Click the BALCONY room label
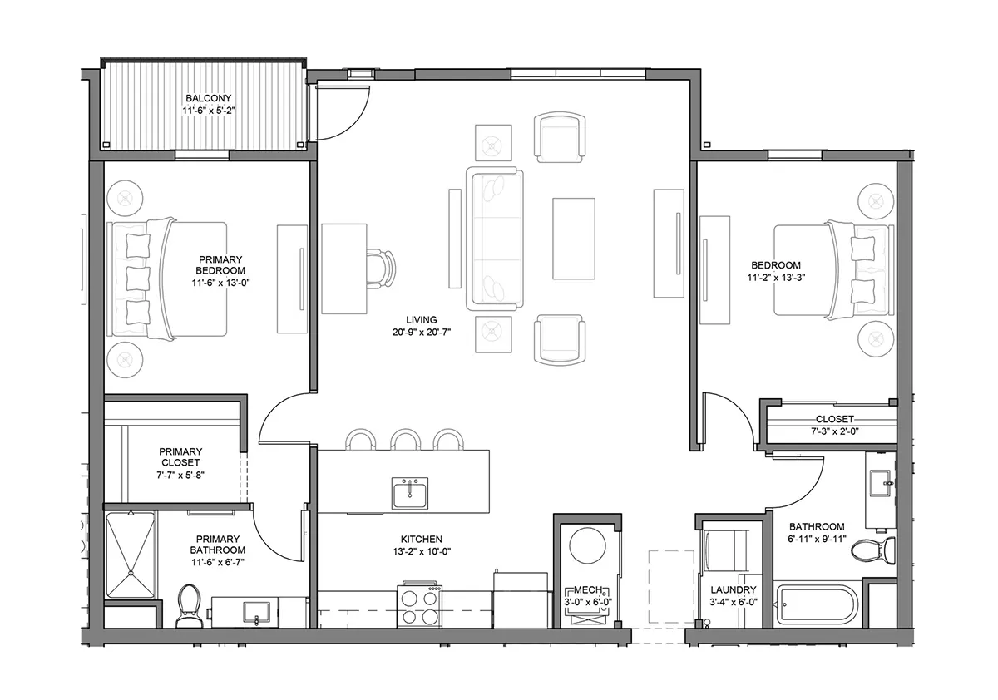[x=209, y=98]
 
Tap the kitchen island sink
[x=409, y=493]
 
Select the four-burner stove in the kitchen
[x=420, y=604]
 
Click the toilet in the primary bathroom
[x=188, y=605]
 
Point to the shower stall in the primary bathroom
[x=131, y=555]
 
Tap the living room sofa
[x=494, y=239]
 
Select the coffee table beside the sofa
[x=574, y=239]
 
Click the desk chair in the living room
[x=381, y=269]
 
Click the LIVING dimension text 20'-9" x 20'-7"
[x=422, y=332]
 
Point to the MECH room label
[x=588, y=590]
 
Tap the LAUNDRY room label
[x=734, y=589]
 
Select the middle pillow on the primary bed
[x=138, y=279]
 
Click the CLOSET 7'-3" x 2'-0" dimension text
[x=834, y=431]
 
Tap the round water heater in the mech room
[x=587, y=546]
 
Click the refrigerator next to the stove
[x=520, y=600]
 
